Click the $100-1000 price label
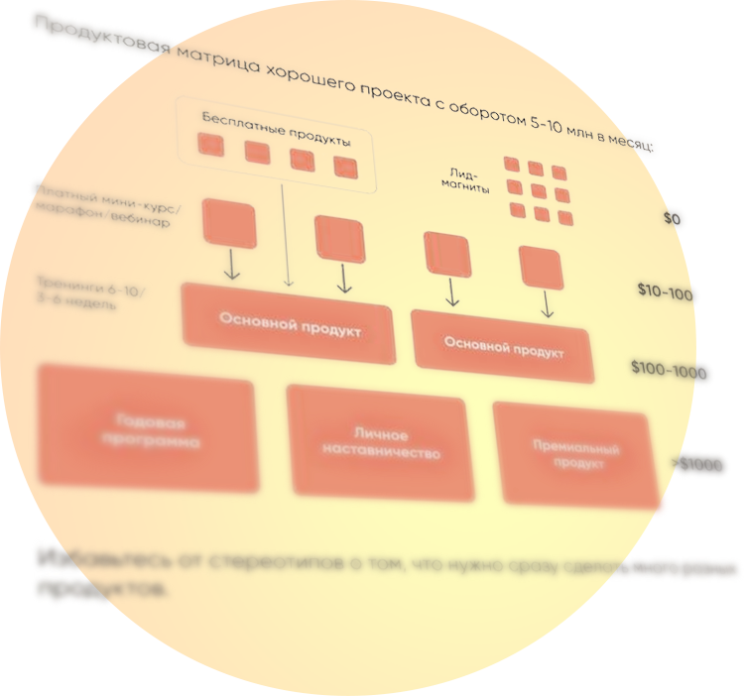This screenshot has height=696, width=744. pyautogui.click(x=671, y=371)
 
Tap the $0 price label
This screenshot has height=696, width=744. pyautogui.click(x=674, y=218)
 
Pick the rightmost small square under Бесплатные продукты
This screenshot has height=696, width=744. pyautogui.click(x=344, y=167)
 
